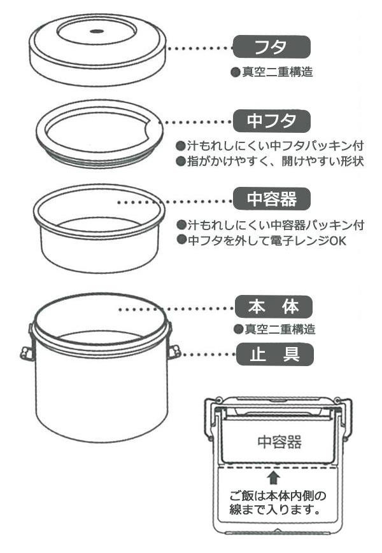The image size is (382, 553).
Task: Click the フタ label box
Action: point(271,47)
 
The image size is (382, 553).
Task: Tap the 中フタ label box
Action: point(271,121)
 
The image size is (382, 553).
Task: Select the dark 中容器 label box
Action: point(271,199)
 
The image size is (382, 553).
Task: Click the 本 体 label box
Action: point(274,307)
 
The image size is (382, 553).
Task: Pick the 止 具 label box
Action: point(274,354)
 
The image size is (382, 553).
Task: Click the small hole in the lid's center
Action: point(97,31)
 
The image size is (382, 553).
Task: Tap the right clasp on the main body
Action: point(174,352)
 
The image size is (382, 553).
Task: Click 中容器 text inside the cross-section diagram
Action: point(279,442)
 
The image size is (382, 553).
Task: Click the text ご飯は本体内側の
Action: point(278,496)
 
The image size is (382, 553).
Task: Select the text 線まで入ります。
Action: point(275,510)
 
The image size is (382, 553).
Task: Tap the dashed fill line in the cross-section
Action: point(278,468)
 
